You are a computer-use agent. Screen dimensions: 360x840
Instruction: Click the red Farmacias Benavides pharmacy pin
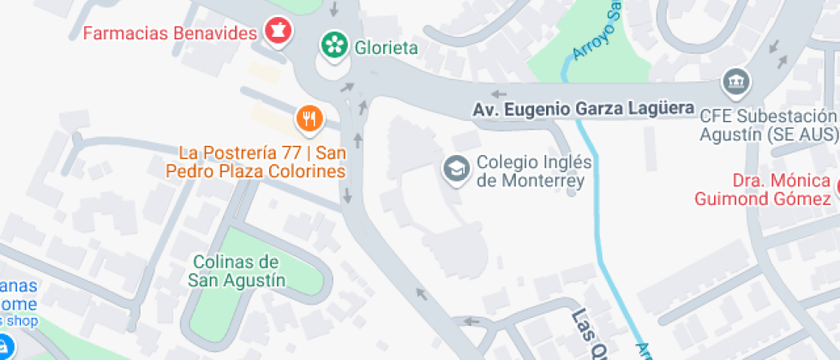pos(278,32)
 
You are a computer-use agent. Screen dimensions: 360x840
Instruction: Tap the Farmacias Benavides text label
pos(171,33)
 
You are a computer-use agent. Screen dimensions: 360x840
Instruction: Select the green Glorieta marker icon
pos(333,43)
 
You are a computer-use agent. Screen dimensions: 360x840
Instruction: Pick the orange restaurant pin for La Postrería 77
pos(309,117)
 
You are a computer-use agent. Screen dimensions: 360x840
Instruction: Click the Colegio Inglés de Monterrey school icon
pos(456,168)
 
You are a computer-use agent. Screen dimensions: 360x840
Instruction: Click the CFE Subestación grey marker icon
pos(736,81)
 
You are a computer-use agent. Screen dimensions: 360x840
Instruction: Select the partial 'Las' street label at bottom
pos(586,330)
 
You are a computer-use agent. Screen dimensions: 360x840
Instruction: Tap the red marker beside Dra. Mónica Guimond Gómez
pos(835,183)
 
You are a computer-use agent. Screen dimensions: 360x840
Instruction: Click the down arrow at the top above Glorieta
pos(334,9)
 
